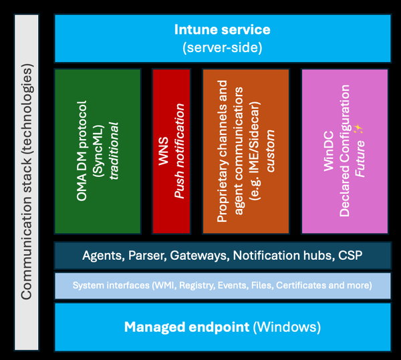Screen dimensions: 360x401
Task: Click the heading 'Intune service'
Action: pyautogui.click(x=222, y=29)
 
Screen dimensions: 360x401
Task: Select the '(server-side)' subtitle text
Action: pyautogui.click(x=222, y=47)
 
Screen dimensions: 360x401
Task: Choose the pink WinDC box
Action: pyautogui.click(x=344, y=150)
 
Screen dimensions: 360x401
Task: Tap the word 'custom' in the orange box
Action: pyautogui.click(x=270, y=152)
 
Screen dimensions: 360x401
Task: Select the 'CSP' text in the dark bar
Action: pyautogui.click(x=350, y=255)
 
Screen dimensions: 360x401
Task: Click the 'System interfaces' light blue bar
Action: pyautogui.click(x=222, y=285)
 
